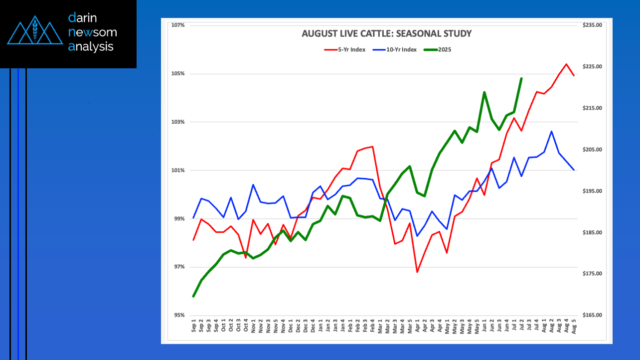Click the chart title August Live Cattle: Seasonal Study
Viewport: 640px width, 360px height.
coord(386,34)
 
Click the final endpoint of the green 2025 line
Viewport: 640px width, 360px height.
coord(521,78)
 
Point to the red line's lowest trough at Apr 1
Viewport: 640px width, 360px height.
coord(417,272)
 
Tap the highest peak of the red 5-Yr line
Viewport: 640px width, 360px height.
coord(566,64)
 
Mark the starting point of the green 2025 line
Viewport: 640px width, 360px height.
coord(193,296)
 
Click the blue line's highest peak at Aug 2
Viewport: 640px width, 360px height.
coord(551,131)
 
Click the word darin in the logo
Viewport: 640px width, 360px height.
coord(83,18)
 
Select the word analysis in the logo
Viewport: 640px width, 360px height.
coord(91,47)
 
